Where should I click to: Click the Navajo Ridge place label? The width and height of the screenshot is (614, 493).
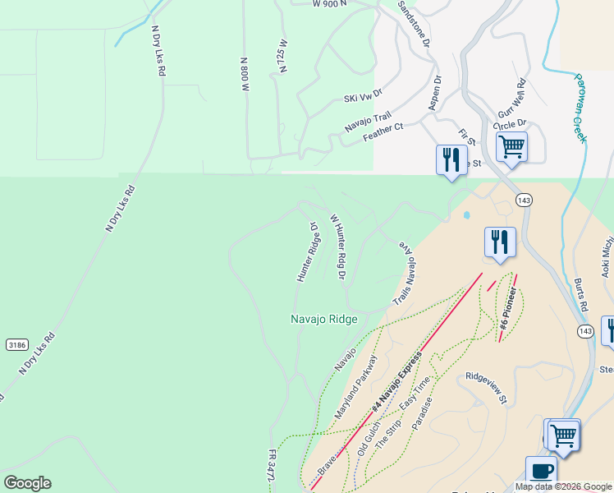tap(324, 319)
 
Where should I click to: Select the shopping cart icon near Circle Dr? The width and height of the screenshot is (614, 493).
tap(511, 148)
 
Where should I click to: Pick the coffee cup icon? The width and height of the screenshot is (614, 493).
tap(541, 472)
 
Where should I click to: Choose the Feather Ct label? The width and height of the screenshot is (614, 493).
tap(383, 132)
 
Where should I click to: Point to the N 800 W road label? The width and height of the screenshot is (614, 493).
tap(244, 75)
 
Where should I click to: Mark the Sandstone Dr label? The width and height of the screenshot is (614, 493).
tap(414, 23)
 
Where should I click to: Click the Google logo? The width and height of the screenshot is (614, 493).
tap(27, 483)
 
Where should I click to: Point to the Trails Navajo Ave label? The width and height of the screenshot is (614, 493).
tap(403, 276)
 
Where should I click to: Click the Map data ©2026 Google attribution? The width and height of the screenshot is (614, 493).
tap(563, 486)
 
